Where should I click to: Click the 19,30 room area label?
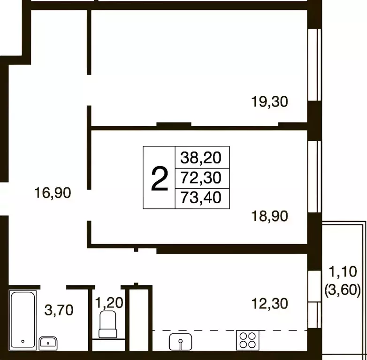point(269,102)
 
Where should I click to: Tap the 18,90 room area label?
point(269,216)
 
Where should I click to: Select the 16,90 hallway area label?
point(53,193)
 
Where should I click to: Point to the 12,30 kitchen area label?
point(269,304)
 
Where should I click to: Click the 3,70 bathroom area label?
point(59,310)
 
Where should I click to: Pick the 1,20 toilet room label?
point(109,302)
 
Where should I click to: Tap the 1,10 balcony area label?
point(343,272)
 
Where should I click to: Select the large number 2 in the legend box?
point(160,179)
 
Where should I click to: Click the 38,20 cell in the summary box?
point(201,158)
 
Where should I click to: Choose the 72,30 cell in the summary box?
point(201,178)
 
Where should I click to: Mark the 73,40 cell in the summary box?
point(201,198)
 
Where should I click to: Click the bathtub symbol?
point(23,320)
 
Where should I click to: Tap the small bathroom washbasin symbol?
point(48,344)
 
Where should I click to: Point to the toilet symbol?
point(108,324)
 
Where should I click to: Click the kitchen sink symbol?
point(181,342)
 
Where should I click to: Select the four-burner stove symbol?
point(248,340)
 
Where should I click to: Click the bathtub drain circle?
point(23,341)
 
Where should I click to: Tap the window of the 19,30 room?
point(314,65)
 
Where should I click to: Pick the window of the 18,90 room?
point(314,177)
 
